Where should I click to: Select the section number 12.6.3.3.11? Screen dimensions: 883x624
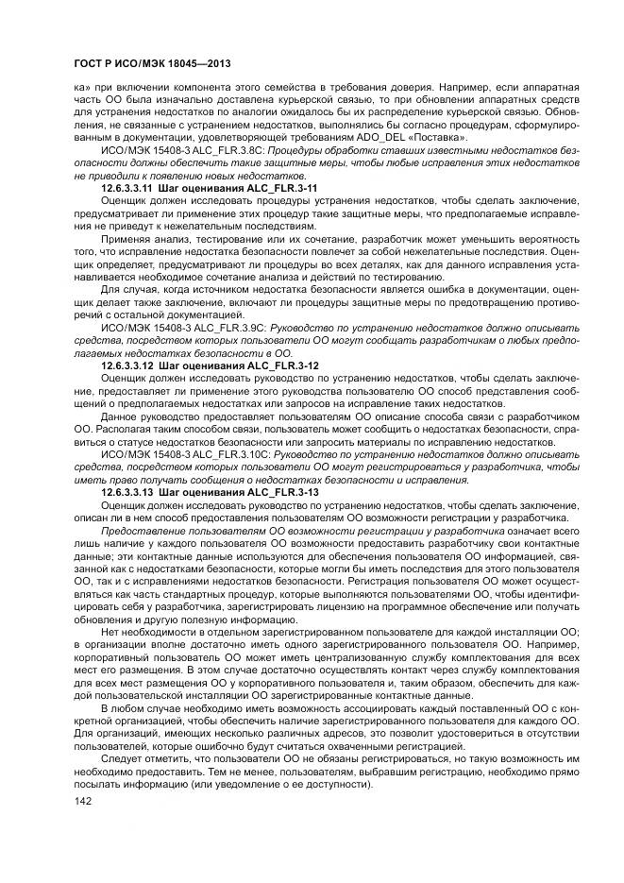click(x=127, y=189)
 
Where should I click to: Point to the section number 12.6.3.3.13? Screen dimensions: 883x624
click(x=127, y=492)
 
